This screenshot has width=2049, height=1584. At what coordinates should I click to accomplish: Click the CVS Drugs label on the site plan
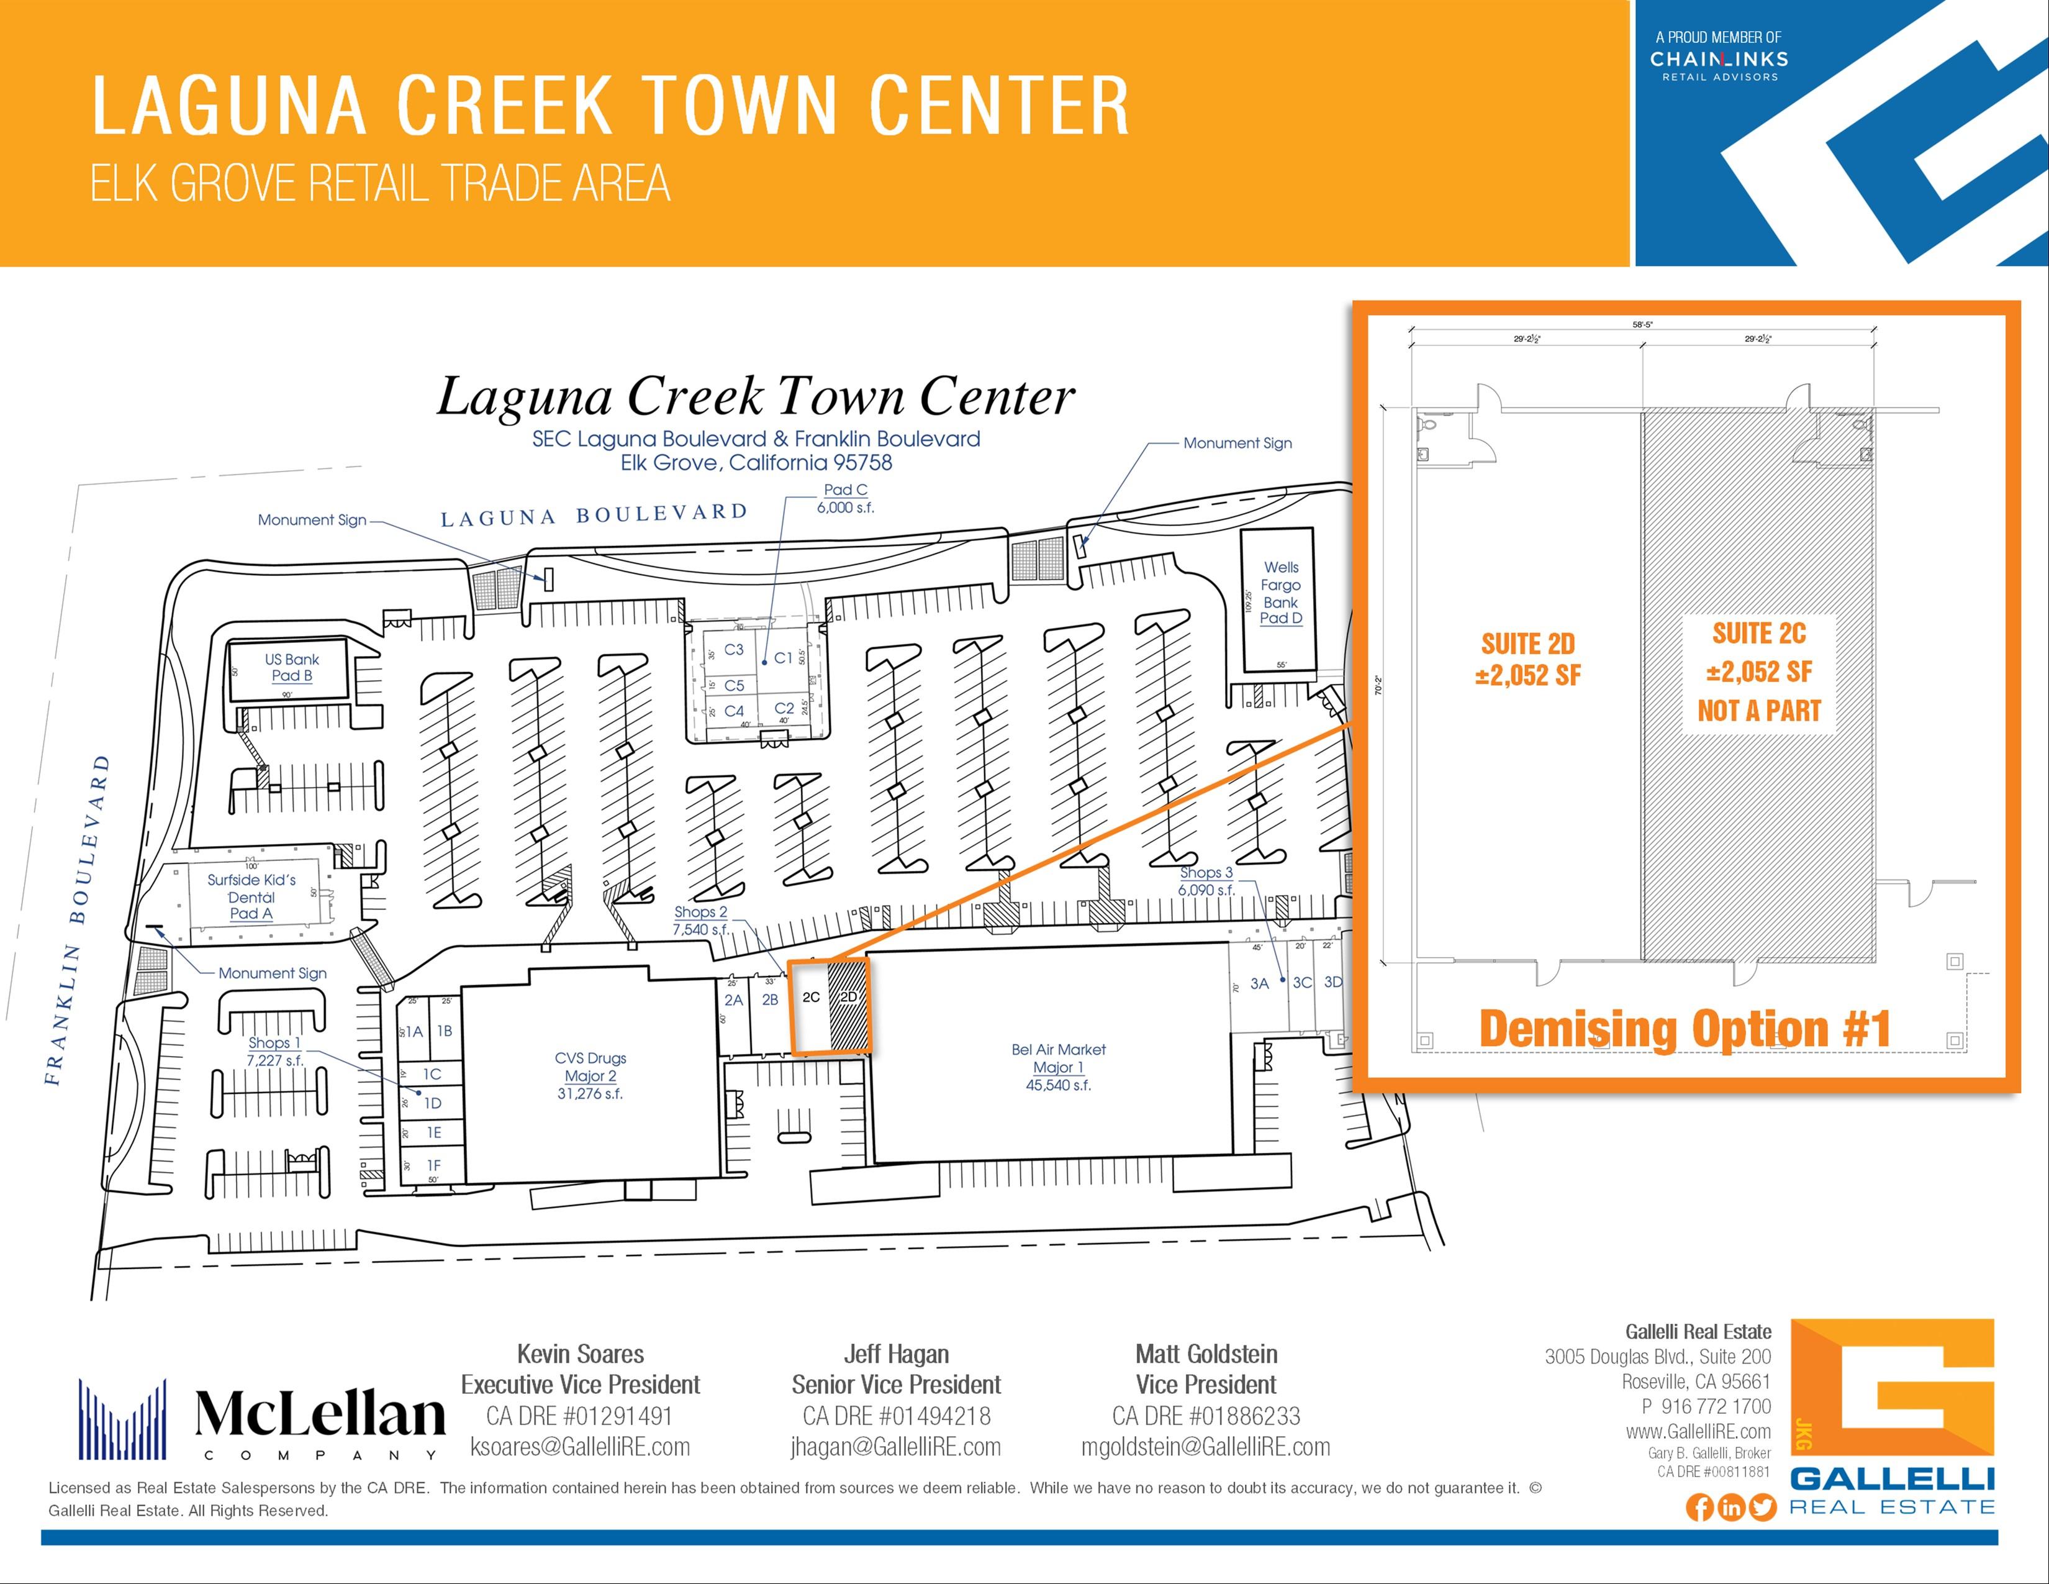(590, 1058)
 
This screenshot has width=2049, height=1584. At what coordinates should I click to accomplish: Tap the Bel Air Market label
(1058, 1050)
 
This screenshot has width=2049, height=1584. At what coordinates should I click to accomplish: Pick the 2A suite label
(734, 1000)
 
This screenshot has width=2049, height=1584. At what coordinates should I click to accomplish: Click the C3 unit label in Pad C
(734, 649)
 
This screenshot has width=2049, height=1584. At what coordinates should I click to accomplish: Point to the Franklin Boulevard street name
(77, 919)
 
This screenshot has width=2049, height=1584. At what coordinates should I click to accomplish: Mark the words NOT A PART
(1758, 711)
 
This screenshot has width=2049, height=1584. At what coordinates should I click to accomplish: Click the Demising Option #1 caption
(1684, 1029)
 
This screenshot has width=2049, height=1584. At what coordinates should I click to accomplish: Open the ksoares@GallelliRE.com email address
(580, 1447)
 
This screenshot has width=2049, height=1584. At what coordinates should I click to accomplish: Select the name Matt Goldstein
(1206, 1354)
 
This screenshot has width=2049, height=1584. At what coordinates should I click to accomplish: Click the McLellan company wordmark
(320, 1415)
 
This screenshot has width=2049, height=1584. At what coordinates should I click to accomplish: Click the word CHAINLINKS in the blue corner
(1719, 59)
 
